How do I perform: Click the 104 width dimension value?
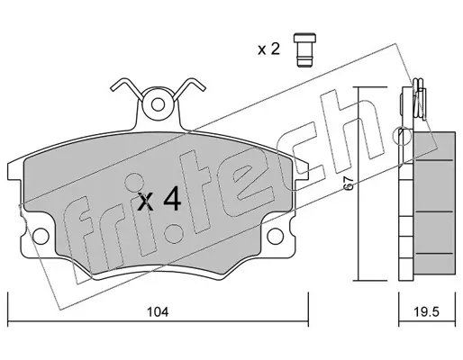coord(158,312)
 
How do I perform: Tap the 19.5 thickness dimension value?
coord(427,312)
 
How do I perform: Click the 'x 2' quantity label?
coord(268,49)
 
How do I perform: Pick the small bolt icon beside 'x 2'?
coord(304,49)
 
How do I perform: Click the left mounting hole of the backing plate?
coord(41,236)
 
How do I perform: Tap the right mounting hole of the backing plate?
coord(276,236)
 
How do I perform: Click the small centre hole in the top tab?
coord(158,105)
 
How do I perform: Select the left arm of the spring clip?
coord(126,87)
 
